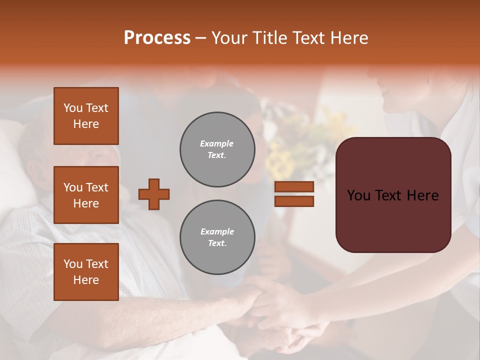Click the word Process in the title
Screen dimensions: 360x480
(x=157, y=38)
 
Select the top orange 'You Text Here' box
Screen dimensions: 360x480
(x=86, y=116)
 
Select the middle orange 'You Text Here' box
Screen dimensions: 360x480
(x=86, y=195)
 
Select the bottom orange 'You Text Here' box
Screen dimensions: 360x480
(x=86, y=272)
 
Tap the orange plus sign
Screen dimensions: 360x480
(x=154, y=194)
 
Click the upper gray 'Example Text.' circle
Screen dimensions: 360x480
(x=217, y=149)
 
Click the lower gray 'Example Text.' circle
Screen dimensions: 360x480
(x=217, y=237)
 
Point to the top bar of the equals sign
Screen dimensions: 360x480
(x=294, y=186)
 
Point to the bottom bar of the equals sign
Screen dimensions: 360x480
(x=294, y=201)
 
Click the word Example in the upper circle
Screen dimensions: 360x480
(x=217, y=143)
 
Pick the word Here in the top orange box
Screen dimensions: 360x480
(x=86, y=124)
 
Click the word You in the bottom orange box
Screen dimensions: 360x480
(x=73, y=264)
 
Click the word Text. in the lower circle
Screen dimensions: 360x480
(x=217, y=243)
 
